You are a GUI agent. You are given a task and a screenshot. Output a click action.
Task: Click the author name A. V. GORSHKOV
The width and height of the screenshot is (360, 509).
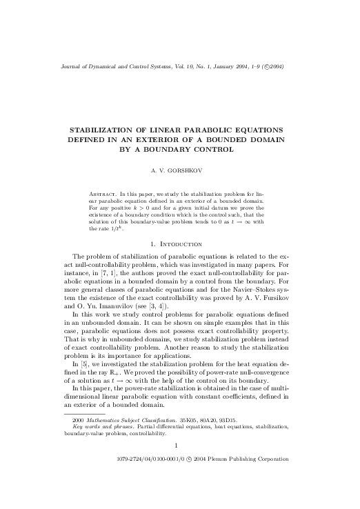(x=179, y=168)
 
